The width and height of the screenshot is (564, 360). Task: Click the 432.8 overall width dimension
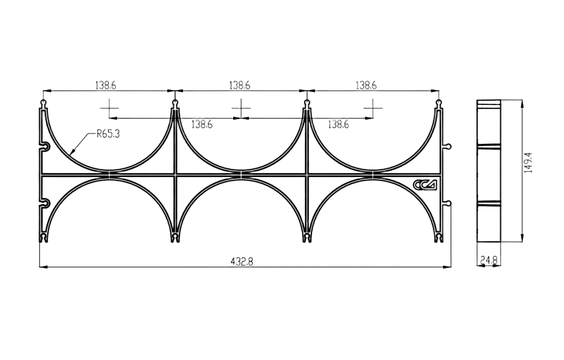point(242,261)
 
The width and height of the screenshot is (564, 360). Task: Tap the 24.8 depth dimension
point(488,261)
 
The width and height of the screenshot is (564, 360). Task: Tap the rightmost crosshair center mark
point(373,109)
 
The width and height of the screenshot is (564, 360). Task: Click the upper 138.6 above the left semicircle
point(105,85)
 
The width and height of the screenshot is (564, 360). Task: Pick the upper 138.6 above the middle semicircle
point(240,85)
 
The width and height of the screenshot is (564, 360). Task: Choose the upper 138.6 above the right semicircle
point(366,85)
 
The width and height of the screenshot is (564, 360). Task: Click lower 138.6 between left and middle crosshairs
point(202,124)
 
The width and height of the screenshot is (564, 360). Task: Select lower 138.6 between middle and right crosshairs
point(338,124)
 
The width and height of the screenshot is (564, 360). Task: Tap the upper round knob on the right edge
point(448,147)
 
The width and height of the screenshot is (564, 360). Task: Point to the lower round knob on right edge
point(448,204)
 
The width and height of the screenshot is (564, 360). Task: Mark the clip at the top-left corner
point(44,104)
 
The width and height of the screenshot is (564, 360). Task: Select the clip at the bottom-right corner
point(439,238)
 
